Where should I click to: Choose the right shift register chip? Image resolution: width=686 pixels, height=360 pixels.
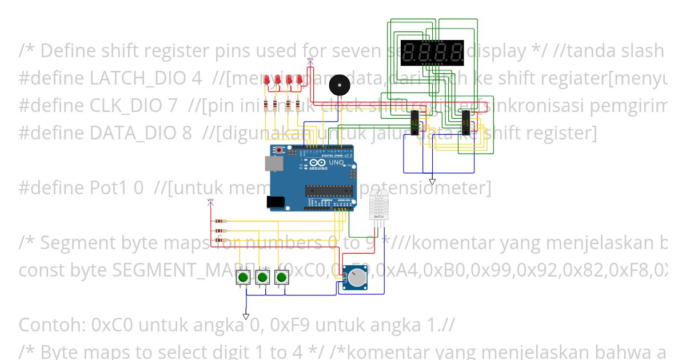[x=466, y=121]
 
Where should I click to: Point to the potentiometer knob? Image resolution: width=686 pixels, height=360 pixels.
[x=358, y=279]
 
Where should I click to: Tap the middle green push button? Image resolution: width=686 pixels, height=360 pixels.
[x=262, y=278]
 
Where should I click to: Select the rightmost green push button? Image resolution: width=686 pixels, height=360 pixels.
[x=281, y=278]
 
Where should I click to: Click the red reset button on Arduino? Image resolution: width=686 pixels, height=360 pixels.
[x=280, y=150]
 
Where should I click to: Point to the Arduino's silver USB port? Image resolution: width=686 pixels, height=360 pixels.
[x=274, y=164]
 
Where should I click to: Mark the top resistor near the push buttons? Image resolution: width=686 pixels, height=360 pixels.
[x=220, y=221]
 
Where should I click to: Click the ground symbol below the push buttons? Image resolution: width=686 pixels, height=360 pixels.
[x=246, y=316]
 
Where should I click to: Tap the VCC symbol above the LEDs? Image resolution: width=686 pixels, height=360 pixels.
[x=310, y=60]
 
